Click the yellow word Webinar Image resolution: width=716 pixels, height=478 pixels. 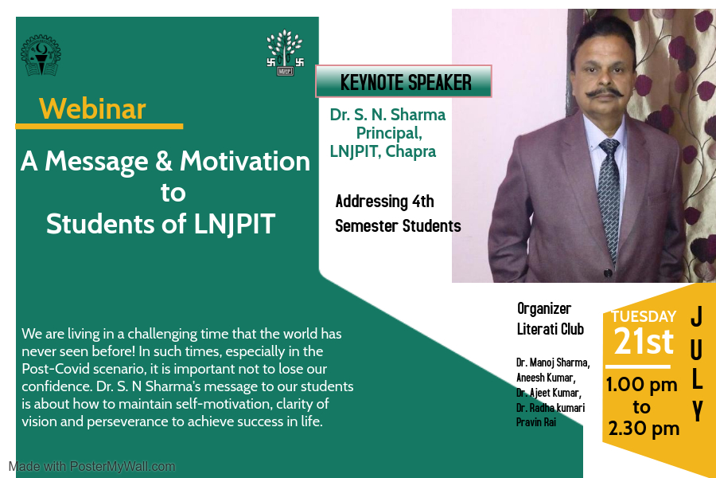92,109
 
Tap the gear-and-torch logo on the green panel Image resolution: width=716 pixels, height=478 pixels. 41,55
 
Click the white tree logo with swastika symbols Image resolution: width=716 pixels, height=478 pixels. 286,53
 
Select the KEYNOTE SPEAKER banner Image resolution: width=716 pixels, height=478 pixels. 403,81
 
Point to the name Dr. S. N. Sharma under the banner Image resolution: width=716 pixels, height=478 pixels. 387,115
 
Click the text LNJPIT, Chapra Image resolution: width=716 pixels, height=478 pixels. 383,151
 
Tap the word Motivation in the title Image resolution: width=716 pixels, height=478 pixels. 245,161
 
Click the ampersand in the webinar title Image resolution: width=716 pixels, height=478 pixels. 163,162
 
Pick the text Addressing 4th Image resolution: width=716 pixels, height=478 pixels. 384,202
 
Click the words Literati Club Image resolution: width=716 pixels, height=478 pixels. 551,329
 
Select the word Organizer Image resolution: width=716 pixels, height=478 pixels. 544,309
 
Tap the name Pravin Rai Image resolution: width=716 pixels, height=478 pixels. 536,422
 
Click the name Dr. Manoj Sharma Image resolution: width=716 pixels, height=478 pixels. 553,362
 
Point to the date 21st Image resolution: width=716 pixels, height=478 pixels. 644,341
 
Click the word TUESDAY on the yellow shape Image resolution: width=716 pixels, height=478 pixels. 644,316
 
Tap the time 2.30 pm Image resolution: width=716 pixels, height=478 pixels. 644,429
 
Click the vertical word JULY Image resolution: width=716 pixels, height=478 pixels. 696,363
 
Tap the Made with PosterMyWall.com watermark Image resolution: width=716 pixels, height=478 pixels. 91,467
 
